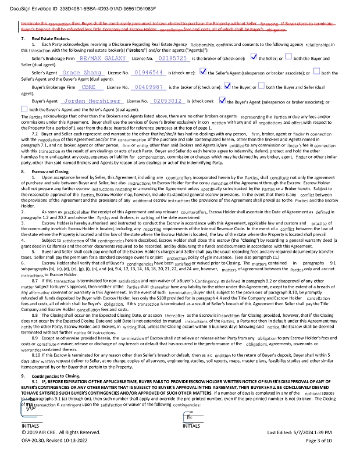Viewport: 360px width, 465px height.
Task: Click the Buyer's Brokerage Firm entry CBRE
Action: (x=88, y=87)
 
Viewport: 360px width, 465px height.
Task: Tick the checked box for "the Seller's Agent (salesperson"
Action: (x=203, y=72)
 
